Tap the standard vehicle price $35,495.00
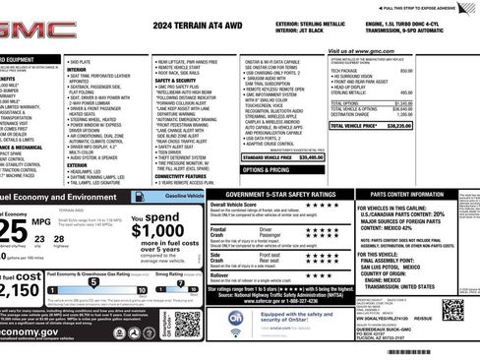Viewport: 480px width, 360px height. (x=310, y=156)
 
